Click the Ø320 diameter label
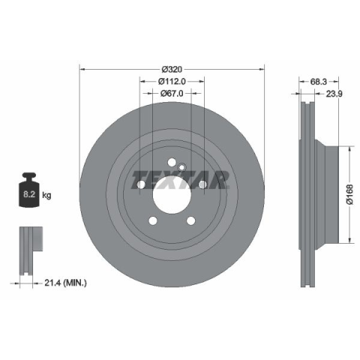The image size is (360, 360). click(172, 69)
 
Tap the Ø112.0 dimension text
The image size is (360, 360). click(172, 81)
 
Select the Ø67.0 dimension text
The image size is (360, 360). click(172, 94)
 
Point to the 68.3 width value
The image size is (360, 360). click(319, 82)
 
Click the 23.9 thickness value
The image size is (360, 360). click(334, 94)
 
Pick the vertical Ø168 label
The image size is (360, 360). click(350, 195)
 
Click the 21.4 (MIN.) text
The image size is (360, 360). click(66, 283)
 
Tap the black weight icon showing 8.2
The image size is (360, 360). click(29, 190)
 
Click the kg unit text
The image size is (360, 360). click(46, 195)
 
